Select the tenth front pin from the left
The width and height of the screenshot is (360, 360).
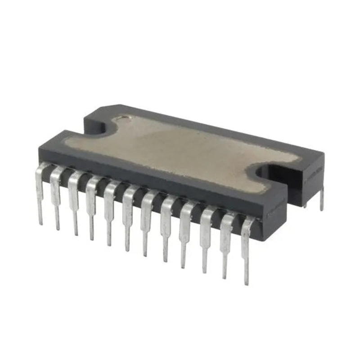205,240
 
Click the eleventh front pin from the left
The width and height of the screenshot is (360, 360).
225,247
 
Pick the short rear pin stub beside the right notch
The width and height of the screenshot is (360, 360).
306,205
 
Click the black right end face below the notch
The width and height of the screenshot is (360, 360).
310,180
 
